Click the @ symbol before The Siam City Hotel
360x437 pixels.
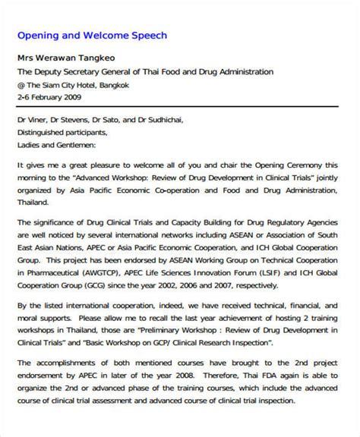point(22,84)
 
